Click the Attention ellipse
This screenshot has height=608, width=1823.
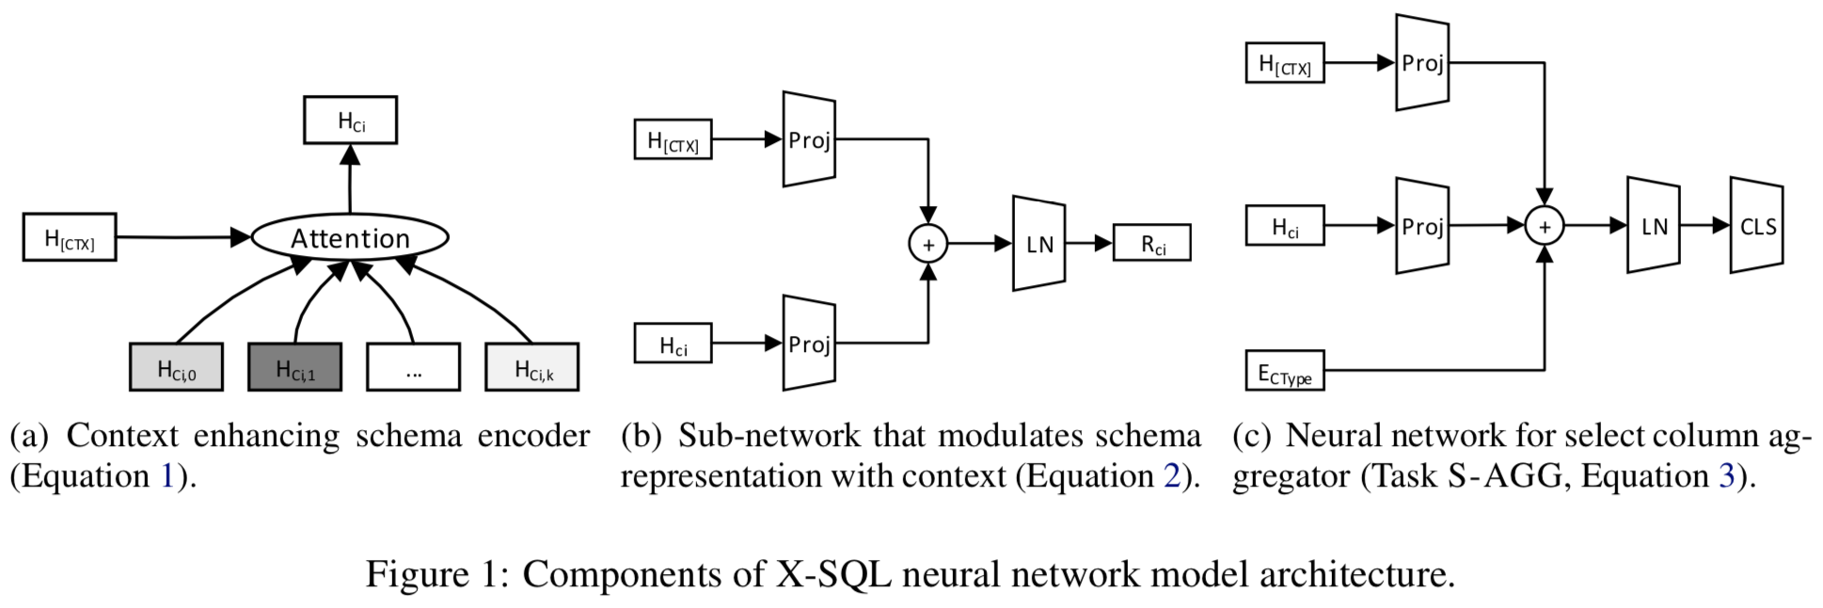[350, 238]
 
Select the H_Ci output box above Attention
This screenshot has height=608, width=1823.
[350, 120]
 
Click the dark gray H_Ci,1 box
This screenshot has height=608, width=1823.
[294, 367]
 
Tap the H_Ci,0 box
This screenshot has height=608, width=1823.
[176, 367]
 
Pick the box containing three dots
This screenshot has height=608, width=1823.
[413, 367]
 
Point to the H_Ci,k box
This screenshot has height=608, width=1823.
[531, 367]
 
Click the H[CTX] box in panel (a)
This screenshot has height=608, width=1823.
[70, 237]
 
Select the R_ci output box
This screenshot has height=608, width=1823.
[1151, 243]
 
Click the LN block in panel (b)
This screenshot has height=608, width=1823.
[1038, 244]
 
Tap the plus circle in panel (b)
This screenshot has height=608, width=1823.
[927, 245]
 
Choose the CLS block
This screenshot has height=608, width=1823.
[1756, 226]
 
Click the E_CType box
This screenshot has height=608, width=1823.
[1284, 371]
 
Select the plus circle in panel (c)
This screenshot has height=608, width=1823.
[1544, 226]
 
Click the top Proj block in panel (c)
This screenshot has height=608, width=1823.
[1421, 63]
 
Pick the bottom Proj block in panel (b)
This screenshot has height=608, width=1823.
[809, 344]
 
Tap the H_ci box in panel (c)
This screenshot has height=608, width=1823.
[1284, 226]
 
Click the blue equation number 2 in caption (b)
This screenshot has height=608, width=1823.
[1171, 476]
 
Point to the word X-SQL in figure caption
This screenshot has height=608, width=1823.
[832, 574]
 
